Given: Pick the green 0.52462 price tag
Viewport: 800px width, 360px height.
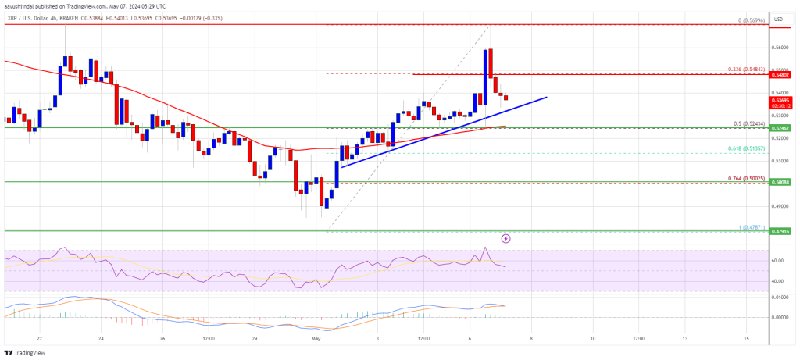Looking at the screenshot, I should pyautogui.click(x=781, y=127).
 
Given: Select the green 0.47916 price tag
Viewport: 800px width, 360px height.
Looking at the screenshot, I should pyautogui.click(x=781, y=232).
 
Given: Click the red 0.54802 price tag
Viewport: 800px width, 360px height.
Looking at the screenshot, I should pyautogui.click(x=781, y=74).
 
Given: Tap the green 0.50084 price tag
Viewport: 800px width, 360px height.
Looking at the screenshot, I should pyautogui.click(x=781, y=182).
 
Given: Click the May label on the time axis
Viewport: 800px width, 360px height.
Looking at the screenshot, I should pyautogui.click(x=317, y=339).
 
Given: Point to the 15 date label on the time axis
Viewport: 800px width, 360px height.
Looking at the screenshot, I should pyautogui.click(x=746, y=339).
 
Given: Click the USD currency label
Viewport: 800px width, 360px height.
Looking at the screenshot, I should pyautogui.click(x=778, y=19).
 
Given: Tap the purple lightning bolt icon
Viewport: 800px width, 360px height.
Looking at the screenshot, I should pyautogui.click(x=506, y=237).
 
